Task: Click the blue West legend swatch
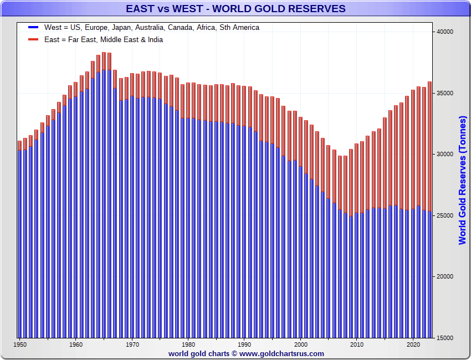[x=33, y=27]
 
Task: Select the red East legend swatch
[x=33, y=39]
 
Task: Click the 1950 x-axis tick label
[x=20, y=344]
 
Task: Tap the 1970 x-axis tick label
[x=132, y=344]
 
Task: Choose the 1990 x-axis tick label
[x=244, y=344]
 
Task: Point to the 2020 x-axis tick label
[x=413, y=344]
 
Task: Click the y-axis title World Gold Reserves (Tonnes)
[x=463, y=180]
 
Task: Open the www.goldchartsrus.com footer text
[x=282, y=353]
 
